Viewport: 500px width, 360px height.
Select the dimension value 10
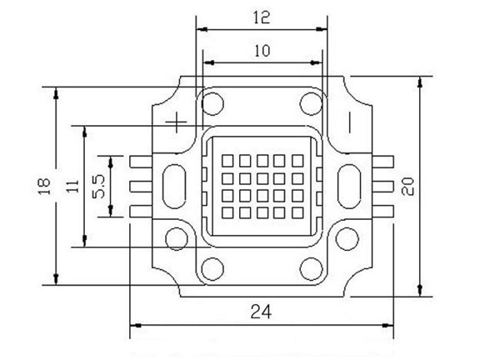[x=262, y=50]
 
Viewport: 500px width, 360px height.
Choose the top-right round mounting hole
[x=312, y=104]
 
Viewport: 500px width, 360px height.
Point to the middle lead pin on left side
[x=139, y=186]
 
